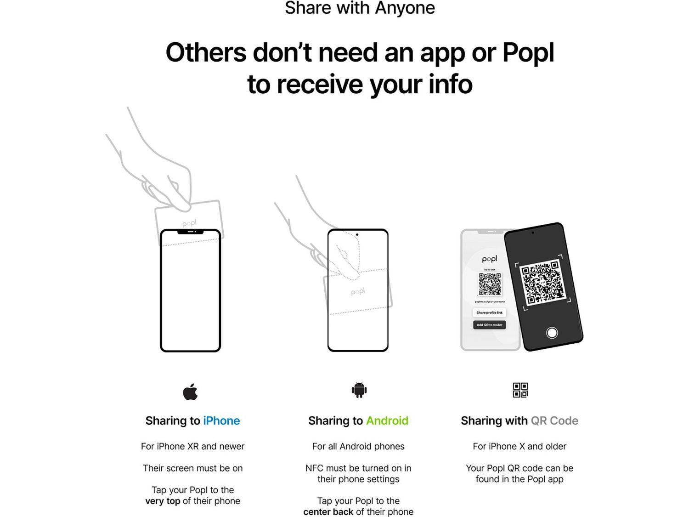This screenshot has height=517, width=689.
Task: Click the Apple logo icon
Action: point(190,392)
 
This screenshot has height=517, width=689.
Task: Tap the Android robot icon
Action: point(359,390)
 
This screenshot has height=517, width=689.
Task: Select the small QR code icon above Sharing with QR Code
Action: point(520,390)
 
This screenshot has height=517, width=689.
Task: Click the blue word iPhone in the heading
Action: point(221,420)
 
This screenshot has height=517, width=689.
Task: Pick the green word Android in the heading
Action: point(387,420)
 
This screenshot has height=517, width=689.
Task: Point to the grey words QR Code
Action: point(554,420)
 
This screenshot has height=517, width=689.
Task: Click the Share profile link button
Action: point(489,312)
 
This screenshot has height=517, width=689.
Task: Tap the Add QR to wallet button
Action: point(489,325)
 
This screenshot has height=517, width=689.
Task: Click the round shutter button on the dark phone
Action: point(552,332)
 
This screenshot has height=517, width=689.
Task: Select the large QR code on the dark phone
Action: point(542,283)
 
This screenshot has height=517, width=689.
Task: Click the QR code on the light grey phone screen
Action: point(490,284)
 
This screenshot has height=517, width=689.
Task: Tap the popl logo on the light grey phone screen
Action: point(489,259)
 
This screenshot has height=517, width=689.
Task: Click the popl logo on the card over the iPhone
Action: point(189,223)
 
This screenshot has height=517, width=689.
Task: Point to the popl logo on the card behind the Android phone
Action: point(358,292)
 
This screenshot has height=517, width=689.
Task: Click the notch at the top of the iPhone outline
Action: point(190,232)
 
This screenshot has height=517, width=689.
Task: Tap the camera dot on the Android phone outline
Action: point(357,235)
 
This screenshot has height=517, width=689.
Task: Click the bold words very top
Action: point(163,501)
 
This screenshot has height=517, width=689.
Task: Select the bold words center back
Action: point(328,511)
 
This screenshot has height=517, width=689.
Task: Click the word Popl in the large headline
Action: point(528,52)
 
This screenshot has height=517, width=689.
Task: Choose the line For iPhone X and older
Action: point(519,446)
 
